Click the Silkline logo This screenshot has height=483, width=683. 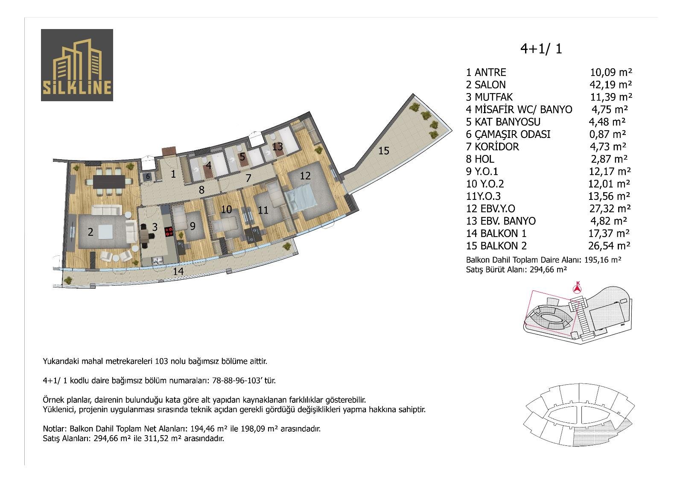pyautogui.click(x=77, y=65)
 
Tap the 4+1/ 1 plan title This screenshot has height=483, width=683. pyautogui.click(x=541, y=49)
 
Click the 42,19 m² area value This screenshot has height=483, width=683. pyautogui.click(x=610, y=84)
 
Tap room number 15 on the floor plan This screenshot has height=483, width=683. pyautogui.click(x=384, y=150)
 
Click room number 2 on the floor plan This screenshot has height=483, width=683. pyautogui.click(x=90, y=232)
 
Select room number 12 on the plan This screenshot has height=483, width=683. pyautogui.click(x=305, y=176)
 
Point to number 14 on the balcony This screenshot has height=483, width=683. pyautogui.click(x=178, y=271)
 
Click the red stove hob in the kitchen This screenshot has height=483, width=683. pyautogui.click(x=169, y=232)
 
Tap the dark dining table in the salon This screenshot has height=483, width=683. pyautogui.click(x=109, y=181)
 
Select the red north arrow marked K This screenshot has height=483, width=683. pyautogui.click(x=577, y=288)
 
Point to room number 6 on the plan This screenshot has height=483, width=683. pyautogui.click(x=148, y=176)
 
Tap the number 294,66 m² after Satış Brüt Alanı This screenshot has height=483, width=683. pyautogui.click(x=548, y=269)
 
